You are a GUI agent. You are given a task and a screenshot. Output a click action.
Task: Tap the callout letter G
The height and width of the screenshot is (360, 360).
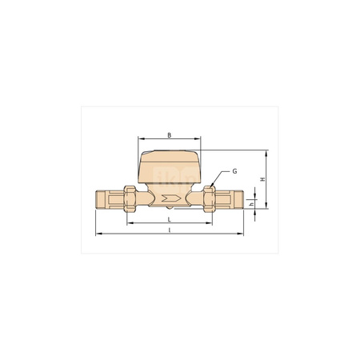[235, 172]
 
